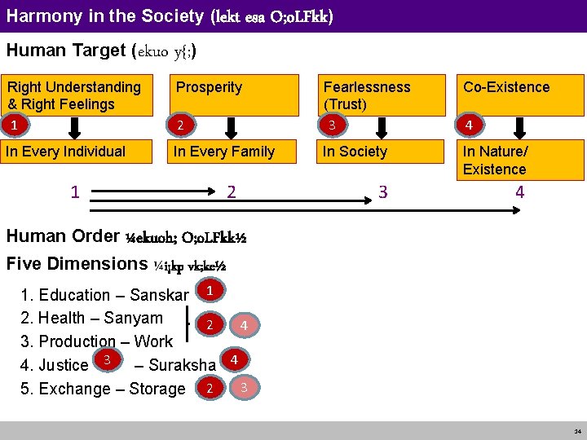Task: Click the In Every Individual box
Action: pos(77,152)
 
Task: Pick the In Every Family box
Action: pos(230,152)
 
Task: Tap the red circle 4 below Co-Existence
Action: pos(468,125)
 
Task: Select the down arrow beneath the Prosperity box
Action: pos(231,128)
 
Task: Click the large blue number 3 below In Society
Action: pos(382,192)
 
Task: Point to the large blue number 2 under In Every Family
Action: pos(232,192)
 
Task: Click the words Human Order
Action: pos(74,236)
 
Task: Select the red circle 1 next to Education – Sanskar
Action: pos(210,289)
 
